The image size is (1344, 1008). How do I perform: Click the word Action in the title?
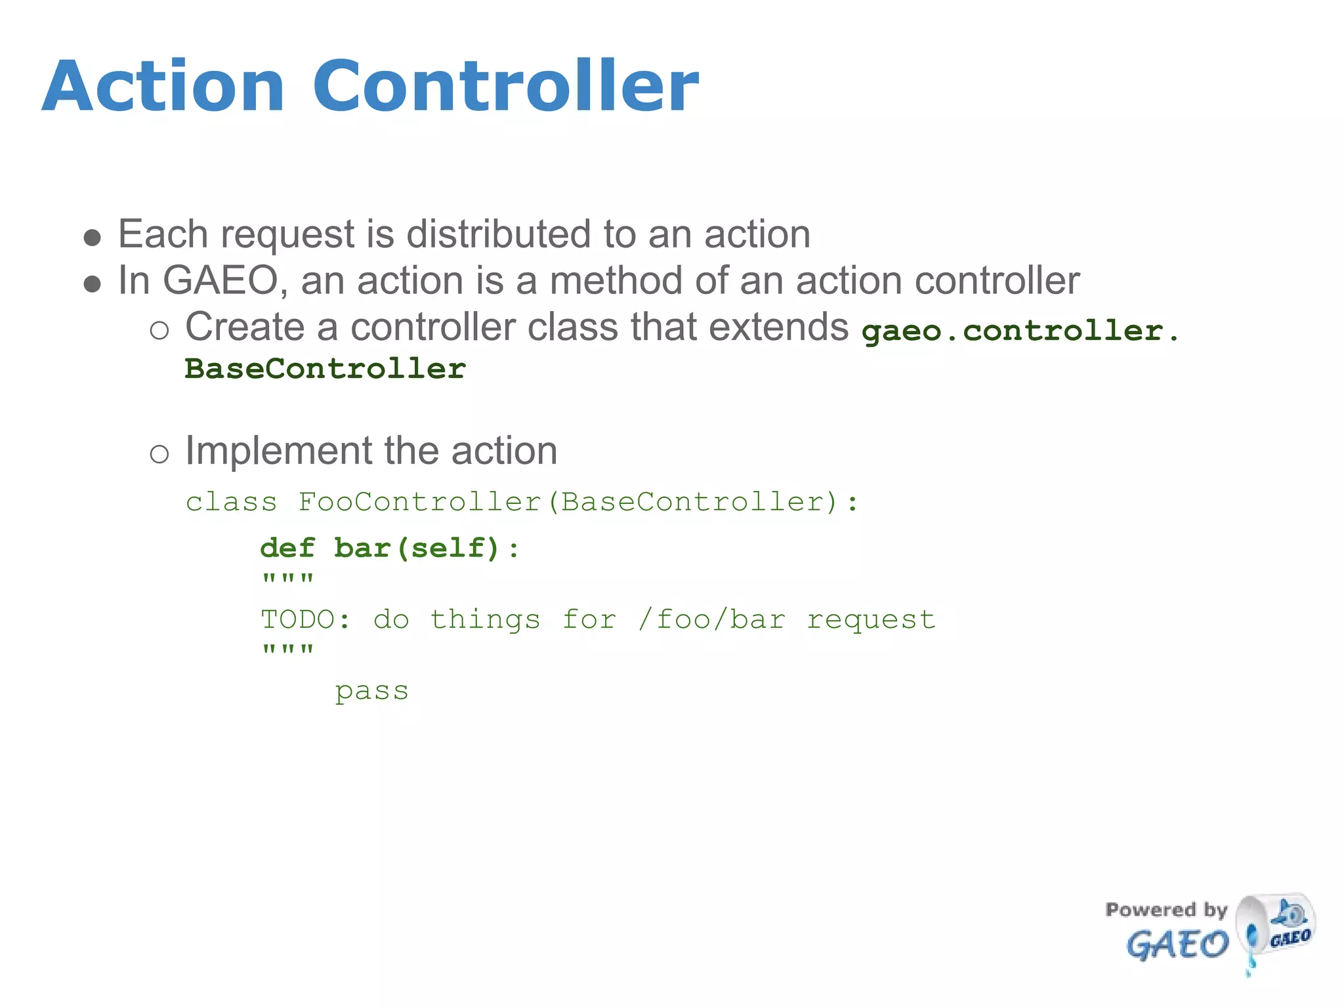click(163, 87)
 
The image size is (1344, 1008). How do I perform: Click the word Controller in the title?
click(505, 87)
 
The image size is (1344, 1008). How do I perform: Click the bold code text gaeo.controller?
click(1020, 331)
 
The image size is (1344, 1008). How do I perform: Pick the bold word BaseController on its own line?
click(325, 369)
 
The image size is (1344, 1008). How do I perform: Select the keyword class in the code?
click(231, 502)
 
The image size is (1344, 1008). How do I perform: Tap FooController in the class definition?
click(420, 502)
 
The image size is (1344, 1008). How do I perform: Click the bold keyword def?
click(287, 548)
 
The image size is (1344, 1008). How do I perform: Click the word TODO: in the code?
click(306, 619)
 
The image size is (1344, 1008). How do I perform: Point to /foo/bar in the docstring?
click(711, 619)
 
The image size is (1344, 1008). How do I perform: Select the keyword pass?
click(371, 691)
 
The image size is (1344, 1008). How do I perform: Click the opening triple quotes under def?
click(287, 579)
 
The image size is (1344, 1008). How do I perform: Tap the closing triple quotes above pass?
click(287, 650)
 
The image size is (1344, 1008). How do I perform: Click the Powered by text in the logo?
click(1165, 910)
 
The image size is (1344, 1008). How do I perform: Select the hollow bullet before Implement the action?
click(159, 454)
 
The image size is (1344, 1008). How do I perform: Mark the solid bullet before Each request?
click(93, 238)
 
